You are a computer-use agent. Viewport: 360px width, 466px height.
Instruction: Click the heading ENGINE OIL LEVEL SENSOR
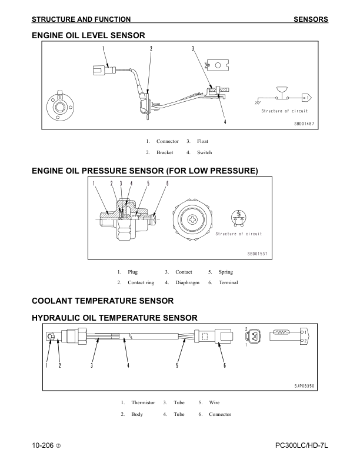coord(88,35)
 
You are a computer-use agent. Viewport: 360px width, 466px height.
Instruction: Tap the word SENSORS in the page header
coord(311,19)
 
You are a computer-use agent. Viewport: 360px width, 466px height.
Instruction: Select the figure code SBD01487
coord(304,124)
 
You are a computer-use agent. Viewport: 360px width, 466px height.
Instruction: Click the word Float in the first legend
coord(202,141)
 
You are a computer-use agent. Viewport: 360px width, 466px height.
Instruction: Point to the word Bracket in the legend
coord(165,152)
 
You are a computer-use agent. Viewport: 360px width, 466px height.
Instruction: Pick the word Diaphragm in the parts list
coord(187,282)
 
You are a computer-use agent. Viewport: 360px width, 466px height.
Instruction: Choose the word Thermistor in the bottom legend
coord(143,402)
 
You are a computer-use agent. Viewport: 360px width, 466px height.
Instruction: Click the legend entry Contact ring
coord(141,282)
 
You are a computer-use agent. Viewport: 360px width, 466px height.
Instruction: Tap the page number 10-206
coord(43,445)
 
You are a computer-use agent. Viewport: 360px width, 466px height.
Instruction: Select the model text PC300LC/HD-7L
coord(302,445)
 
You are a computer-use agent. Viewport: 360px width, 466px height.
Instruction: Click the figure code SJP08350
coord(304,386)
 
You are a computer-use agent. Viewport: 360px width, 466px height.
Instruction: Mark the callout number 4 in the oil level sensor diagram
coord(225,122)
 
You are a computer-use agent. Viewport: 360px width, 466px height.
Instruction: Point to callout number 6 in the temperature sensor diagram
coord(225,365)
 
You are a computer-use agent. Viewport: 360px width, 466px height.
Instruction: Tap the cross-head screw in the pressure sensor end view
coord(193,220)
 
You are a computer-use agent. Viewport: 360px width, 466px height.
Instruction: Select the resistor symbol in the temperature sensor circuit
coord(281,332)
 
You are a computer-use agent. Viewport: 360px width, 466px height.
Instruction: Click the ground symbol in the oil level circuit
coord(258,102)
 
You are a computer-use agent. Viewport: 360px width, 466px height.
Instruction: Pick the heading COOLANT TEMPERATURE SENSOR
coord(102,301)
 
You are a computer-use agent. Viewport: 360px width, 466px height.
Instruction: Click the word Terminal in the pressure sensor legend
coord(228,282)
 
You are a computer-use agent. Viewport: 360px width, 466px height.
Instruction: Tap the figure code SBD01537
coord(258,254)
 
